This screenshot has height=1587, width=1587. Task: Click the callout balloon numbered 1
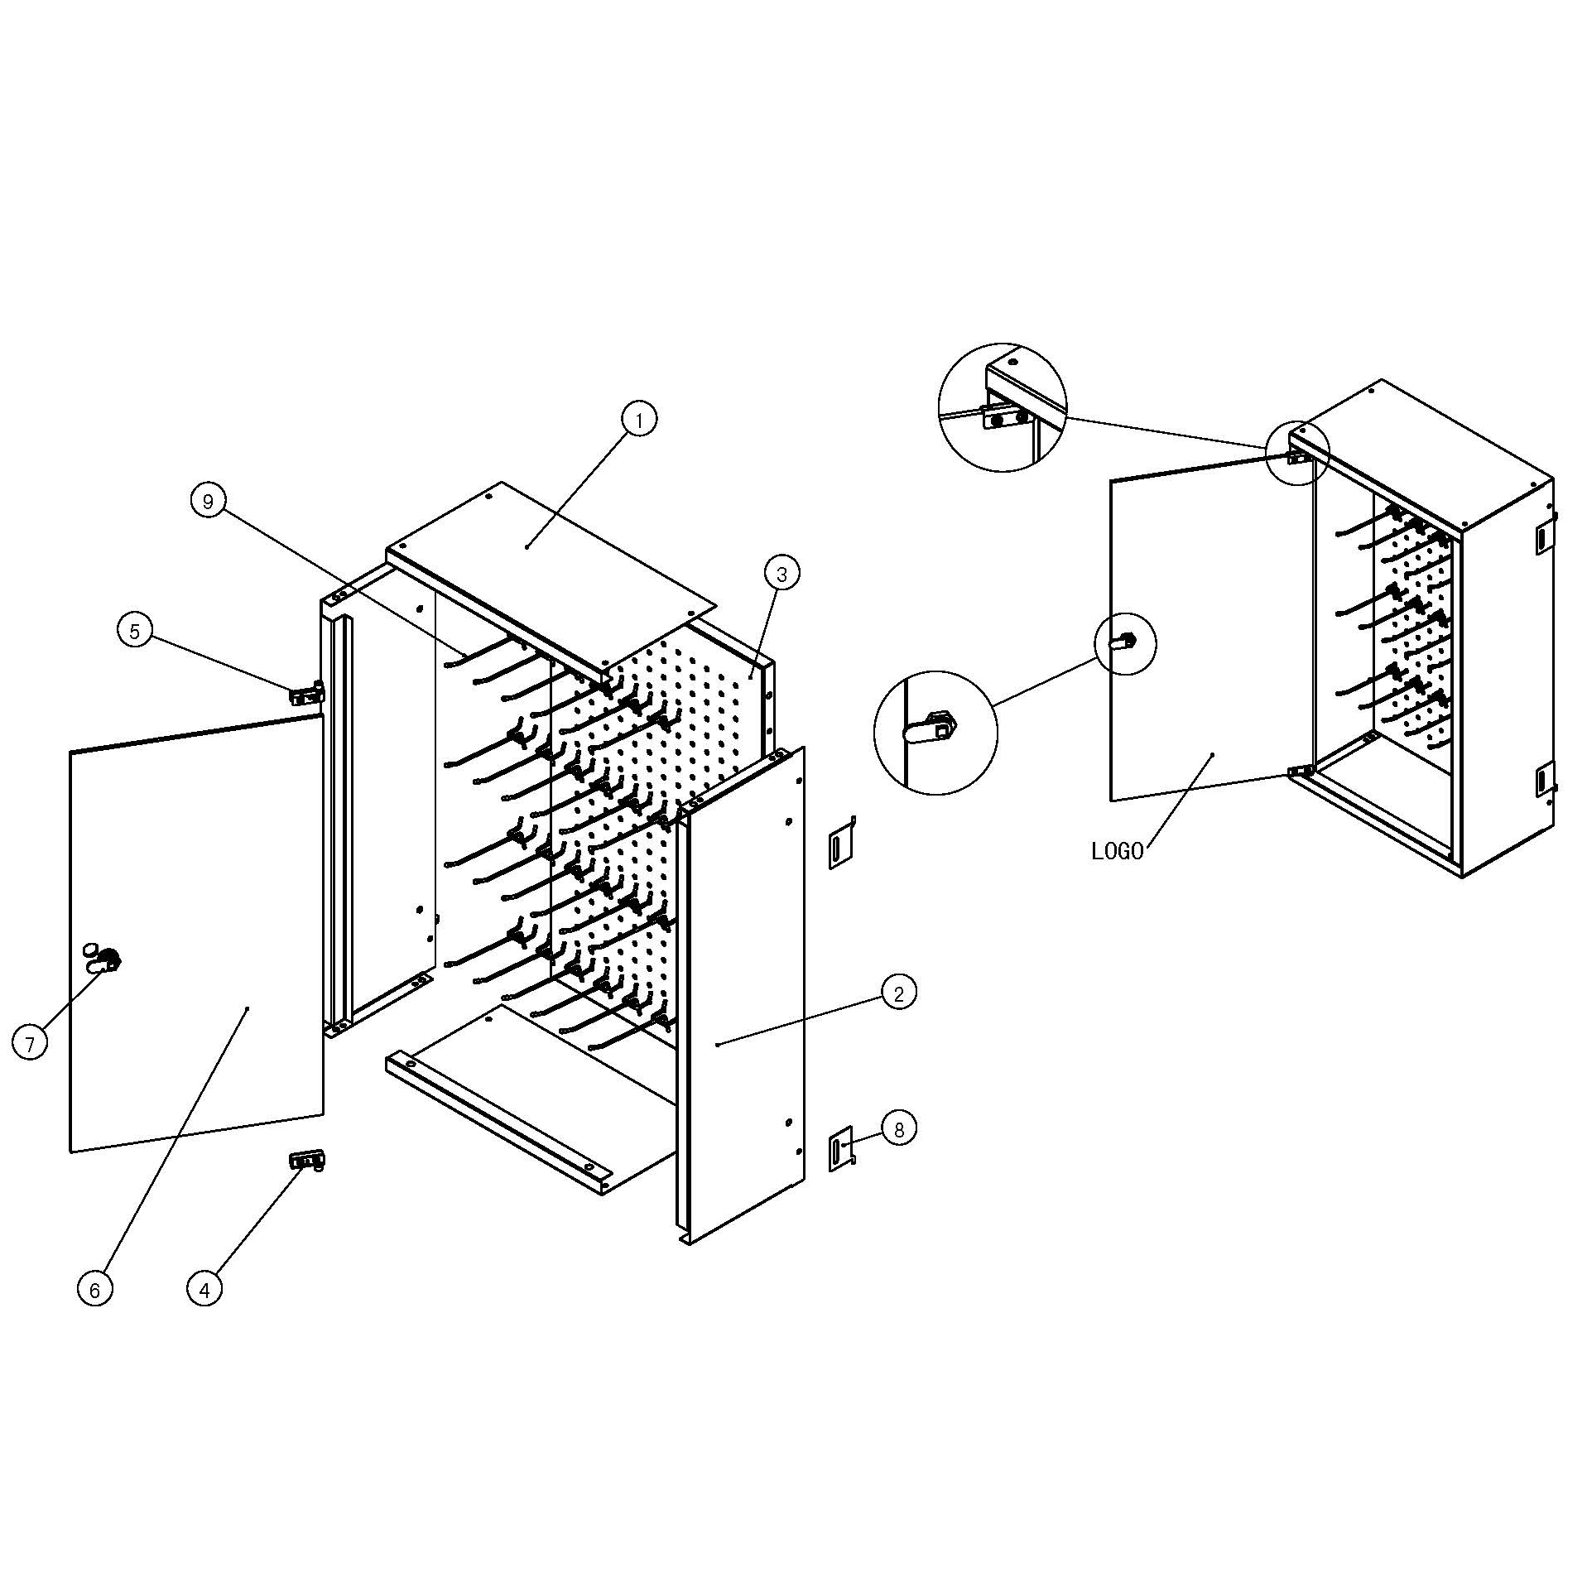[x=638, y=420]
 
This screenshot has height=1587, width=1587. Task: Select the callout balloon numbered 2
[x=899, y=991]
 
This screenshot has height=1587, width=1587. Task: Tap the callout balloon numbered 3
[x=781, y=573]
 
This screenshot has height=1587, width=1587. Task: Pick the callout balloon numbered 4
[x=204, y=1288]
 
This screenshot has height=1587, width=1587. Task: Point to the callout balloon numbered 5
[x=135, y=631]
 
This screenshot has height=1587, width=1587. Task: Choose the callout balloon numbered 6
[x=94, y=1289]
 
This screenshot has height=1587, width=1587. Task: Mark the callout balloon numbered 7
[x=30, y=1043]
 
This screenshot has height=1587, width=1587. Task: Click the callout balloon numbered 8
[x=899, y=1128]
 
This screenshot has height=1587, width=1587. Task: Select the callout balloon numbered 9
[x=208, y=501]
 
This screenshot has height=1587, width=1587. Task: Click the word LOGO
[x=1118, y=851]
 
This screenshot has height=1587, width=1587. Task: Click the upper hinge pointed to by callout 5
[x=306, y=694]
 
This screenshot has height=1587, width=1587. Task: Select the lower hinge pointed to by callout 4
[x=306, y=1161]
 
